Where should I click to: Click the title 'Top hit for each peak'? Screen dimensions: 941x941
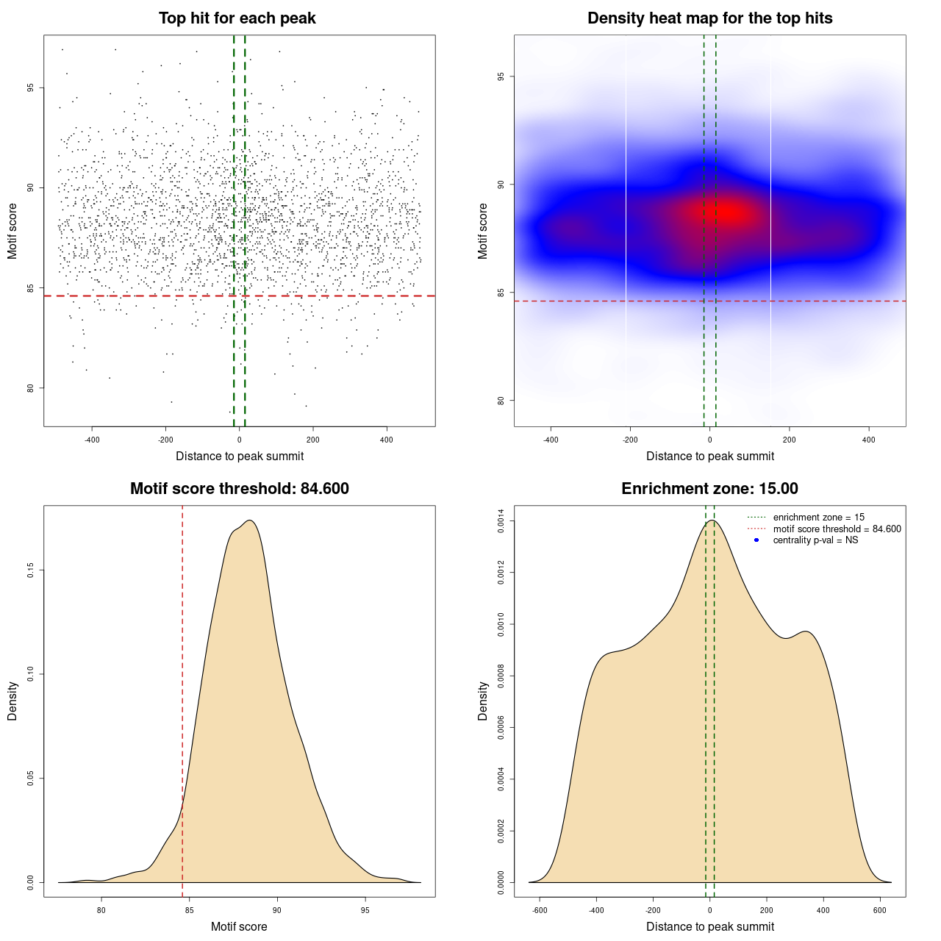(237, 18)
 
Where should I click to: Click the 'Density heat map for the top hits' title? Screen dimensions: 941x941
(709, 18)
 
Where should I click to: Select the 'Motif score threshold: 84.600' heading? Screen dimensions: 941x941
(239, 489)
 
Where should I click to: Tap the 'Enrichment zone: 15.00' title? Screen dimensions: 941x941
(709, 489)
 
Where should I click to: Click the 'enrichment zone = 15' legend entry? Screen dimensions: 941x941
(818, 518)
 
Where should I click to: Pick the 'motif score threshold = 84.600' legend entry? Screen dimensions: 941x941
(837, 529)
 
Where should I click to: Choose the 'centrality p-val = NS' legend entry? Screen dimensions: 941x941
(815, 540)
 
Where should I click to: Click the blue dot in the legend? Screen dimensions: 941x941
(756, 540)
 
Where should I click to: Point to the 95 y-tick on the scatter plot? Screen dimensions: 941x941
(30, 87)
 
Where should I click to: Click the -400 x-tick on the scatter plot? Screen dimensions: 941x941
(92, 440)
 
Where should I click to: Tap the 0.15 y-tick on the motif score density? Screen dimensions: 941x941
(30, 570)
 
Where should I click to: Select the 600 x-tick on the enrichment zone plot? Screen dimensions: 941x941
(879, 910)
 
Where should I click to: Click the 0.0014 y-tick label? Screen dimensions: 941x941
(501, 521)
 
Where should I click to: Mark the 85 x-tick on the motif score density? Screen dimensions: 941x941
(189, 910)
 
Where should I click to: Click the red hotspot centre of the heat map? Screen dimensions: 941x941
(727, 212)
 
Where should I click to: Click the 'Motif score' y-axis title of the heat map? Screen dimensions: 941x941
(483, 231)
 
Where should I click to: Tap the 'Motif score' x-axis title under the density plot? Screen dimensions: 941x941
(239, 926)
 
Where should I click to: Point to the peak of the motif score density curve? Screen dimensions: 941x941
(251, 520)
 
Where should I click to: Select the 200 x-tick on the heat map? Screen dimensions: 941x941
(790, 440)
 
